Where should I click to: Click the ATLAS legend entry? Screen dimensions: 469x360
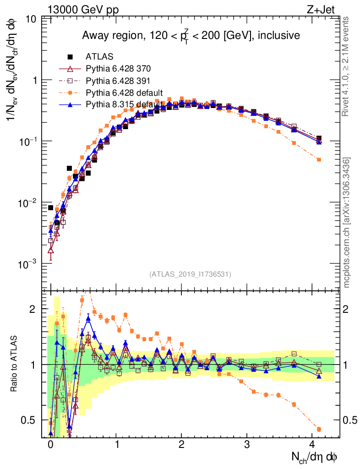(x=99, y=57)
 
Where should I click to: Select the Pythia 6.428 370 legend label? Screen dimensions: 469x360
(x=118, y=69)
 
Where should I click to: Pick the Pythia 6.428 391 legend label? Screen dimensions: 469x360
(x=118, y=81)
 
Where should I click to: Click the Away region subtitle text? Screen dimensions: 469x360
(x=191, y=36)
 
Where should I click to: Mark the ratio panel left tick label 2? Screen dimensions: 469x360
(x=32, y=309)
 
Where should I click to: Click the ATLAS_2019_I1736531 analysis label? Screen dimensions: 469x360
(x=190, y=274)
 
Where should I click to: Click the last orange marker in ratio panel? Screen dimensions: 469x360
(x=319, y=429)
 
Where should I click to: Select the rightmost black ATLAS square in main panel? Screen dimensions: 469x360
(x=319, y=138)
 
